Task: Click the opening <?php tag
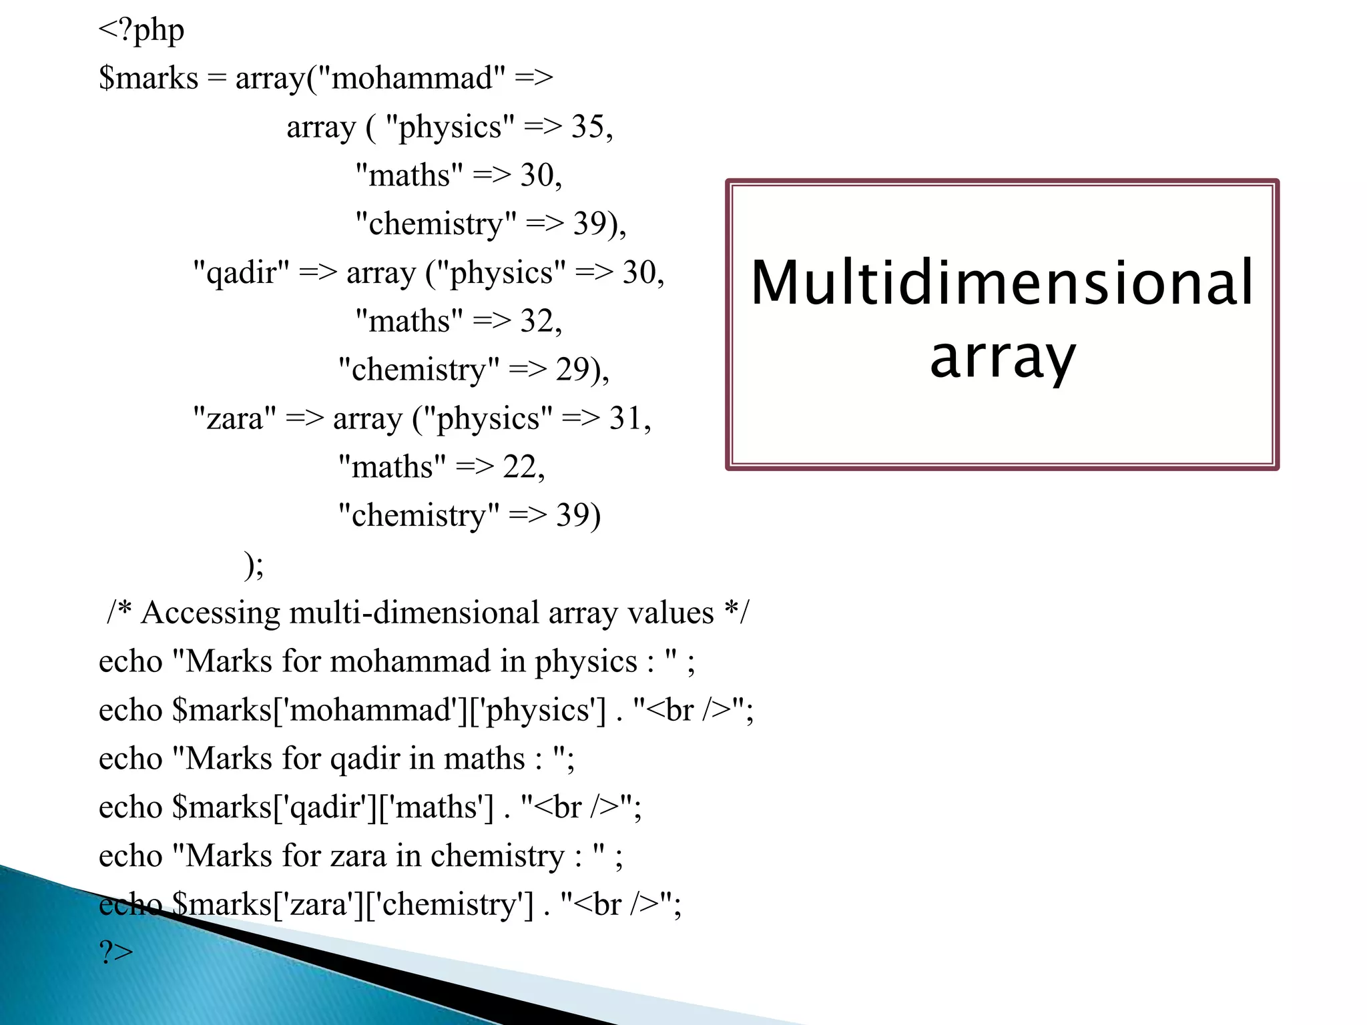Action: coord(141,31)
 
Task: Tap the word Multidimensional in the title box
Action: coord(1002,283)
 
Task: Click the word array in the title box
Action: coord(1002,357)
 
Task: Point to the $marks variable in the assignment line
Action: coord(148,79)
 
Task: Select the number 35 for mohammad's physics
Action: coord(587,127)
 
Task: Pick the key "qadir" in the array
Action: coord(241,273)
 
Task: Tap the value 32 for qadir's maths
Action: coord(537,322)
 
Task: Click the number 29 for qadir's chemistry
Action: coord(572,370)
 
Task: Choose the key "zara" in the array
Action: coord(234,418)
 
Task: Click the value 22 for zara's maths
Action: coord(519,467)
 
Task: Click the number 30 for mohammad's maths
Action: coord(537,176)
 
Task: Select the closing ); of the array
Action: coord(254,565)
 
